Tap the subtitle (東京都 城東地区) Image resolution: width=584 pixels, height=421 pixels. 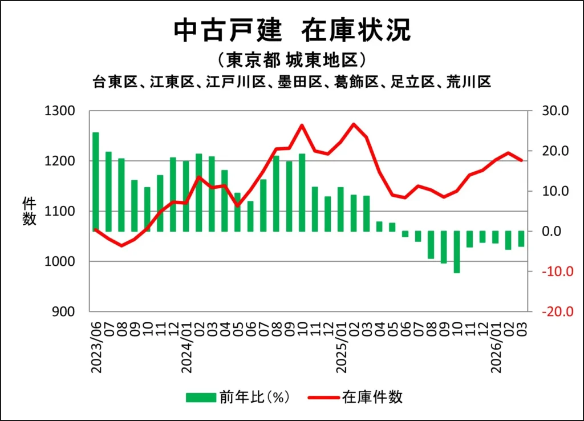click(291, 60)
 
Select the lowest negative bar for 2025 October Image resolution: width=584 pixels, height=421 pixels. click(457, 252)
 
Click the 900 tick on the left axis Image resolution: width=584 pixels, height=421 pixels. click(63, 312)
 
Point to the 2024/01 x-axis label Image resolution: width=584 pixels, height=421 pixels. click(186, 347)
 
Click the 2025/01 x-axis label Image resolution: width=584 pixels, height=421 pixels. click(342, 347)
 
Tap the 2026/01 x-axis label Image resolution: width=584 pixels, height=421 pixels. click(496, 347)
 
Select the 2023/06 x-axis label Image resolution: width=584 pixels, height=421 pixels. click(96, 347)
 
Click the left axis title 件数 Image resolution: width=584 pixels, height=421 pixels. click(29, 211)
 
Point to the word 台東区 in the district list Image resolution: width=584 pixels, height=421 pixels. click(115, 82)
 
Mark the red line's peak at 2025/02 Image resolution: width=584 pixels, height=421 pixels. click(354, 124)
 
